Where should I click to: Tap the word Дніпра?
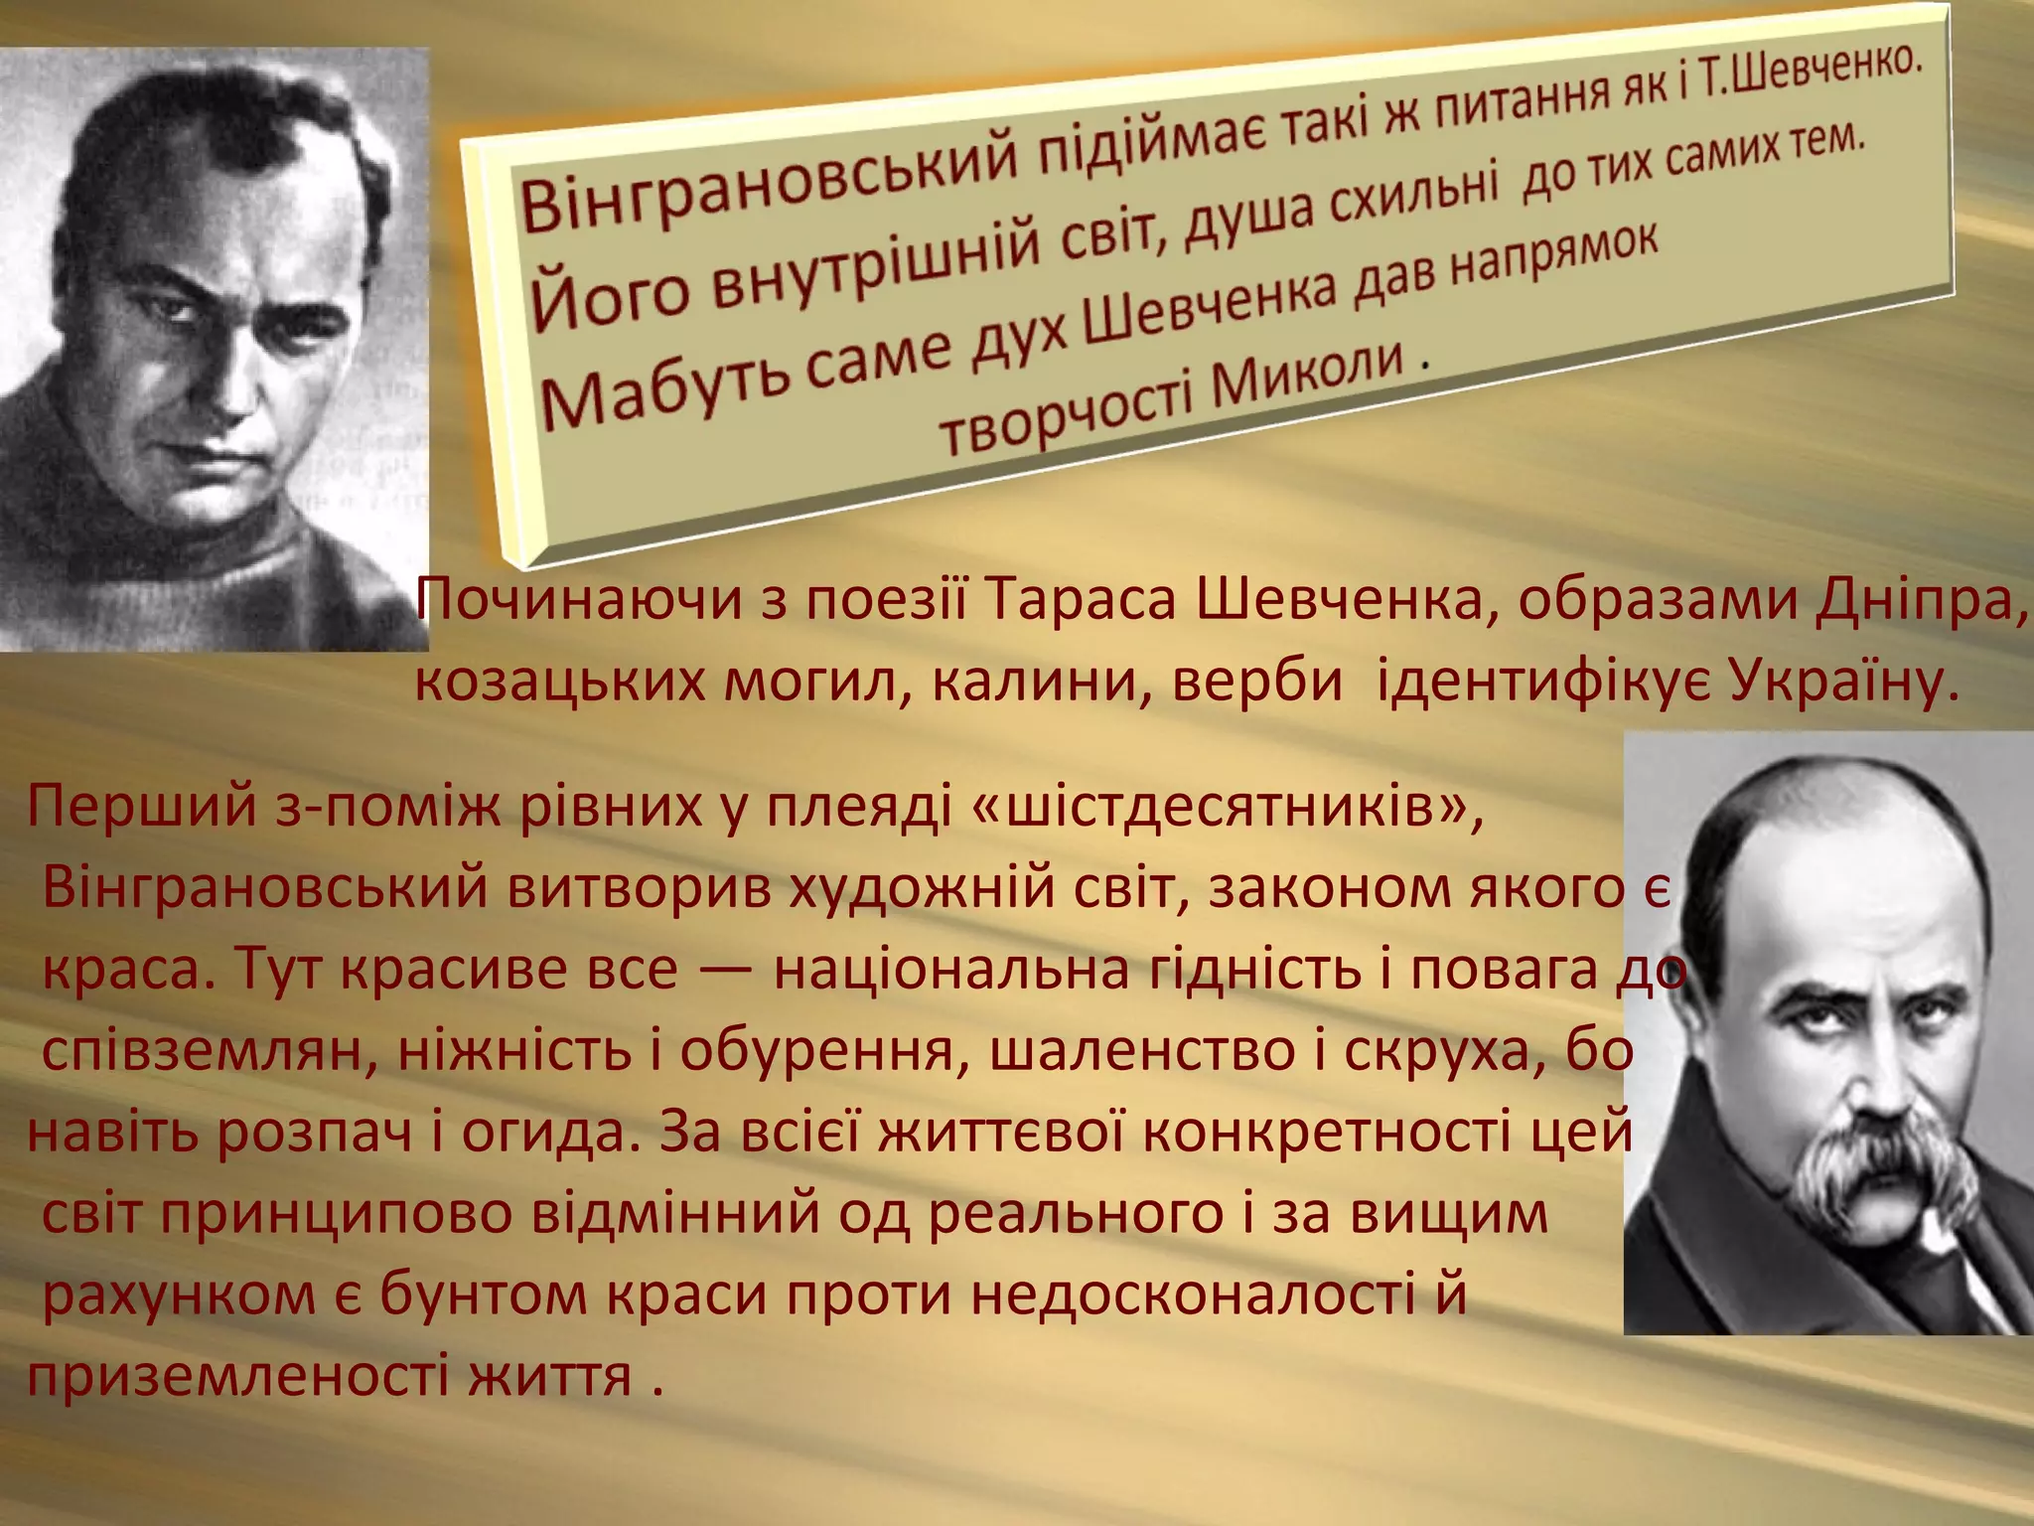[x=1921, y=601]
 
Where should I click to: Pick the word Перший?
[x=143, y=806]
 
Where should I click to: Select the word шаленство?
[x=1136, y=1051]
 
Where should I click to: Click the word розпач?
[x=314, y=1133]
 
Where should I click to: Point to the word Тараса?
[x=1083, y=601]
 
